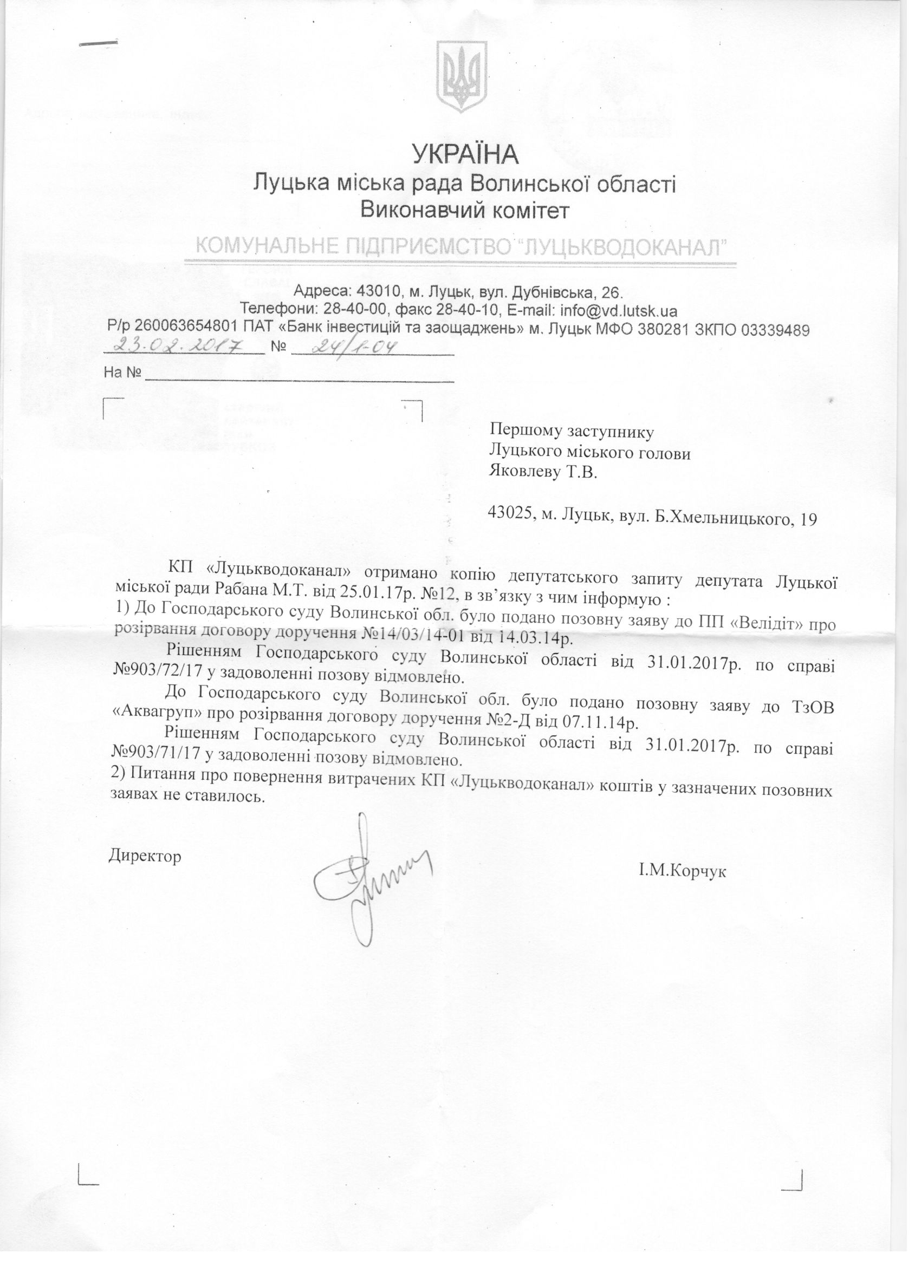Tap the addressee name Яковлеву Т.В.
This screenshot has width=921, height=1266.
click(x=543, y=472)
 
